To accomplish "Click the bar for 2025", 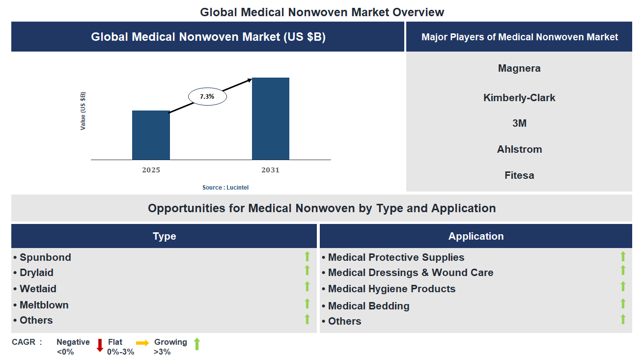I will pyautogui.click(x=151, y=135).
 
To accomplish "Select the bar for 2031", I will pyautogui.click(x=270, y=118).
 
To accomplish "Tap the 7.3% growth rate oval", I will pyautogui.click(x=207, y=97).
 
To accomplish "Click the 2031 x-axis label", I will pyautogui.click(x=270, y=170).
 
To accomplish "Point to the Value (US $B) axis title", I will pyautogui.click(x=83, y=111).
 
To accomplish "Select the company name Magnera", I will pyautogui.click(x=519, y=68).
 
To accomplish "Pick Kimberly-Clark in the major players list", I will pyautogui.click(x=519, y=98).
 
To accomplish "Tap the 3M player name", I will pyautogui.click(x=519, y=123).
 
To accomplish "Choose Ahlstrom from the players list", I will pyautogui.click(x=519, y=149).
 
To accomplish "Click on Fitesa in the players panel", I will pyautogui.click(x=519, y=175).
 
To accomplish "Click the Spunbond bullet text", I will pyautogui.click(x=45, y=257).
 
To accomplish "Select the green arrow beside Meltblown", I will pyautogui.click(x=307, y=304).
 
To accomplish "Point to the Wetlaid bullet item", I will pyautogui.click(x=38, y=289).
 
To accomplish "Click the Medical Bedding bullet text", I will pyautogui.click(x=368, y=306).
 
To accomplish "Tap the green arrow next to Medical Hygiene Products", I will pyautogui.click(x=623, y=286).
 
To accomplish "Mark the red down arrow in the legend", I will pyautogui.click(x=100, y=345).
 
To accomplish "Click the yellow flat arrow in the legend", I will pyautogui.click(x=142, y=343).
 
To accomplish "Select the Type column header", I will pyautogui.click(x=164, y=236).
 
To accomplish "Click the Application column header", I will pyautogui.click(x=475, y=236).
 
